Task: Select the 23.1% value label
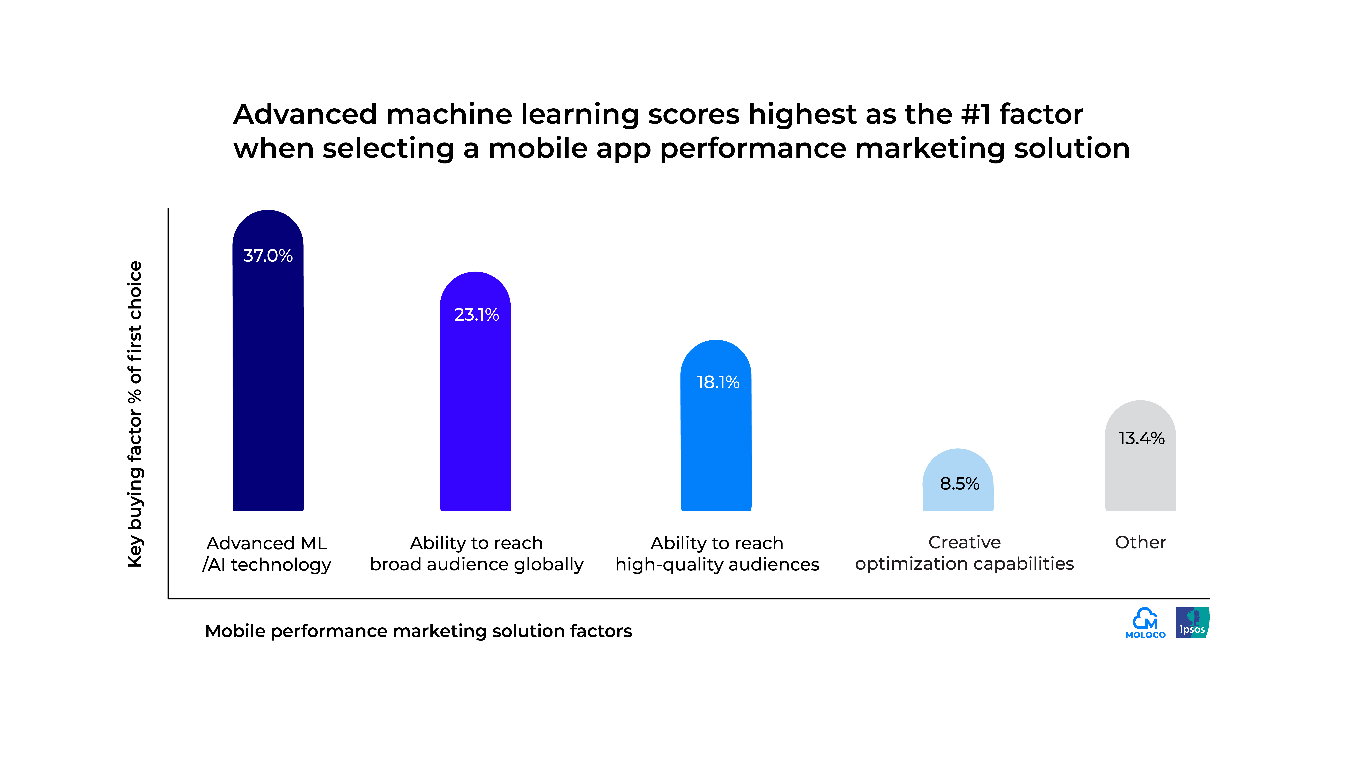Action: click(476, 315)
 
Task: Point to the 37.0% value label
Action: click(268, 256)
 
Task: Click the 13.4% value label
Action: click(1141, 438)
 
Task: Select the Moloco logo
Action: click(1145, 623)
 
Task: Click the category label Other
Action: click(1140, 543)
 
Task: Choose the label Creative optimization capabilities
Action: click(964, 553)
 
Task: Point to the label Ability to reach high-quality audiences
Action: click(717, 554)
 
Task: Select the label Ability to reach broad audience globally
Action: click(476, 554)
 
